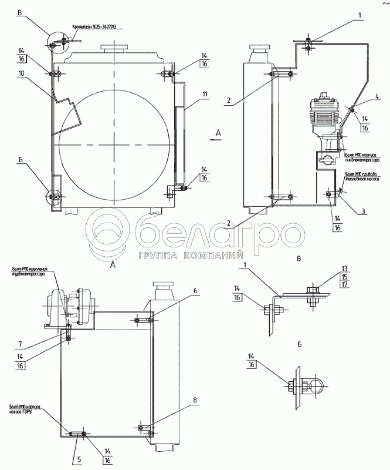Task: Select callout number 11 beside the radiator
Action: (x=205, y=93)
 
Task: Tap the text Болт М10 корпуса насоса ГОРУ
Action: (x=27, y=409)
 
